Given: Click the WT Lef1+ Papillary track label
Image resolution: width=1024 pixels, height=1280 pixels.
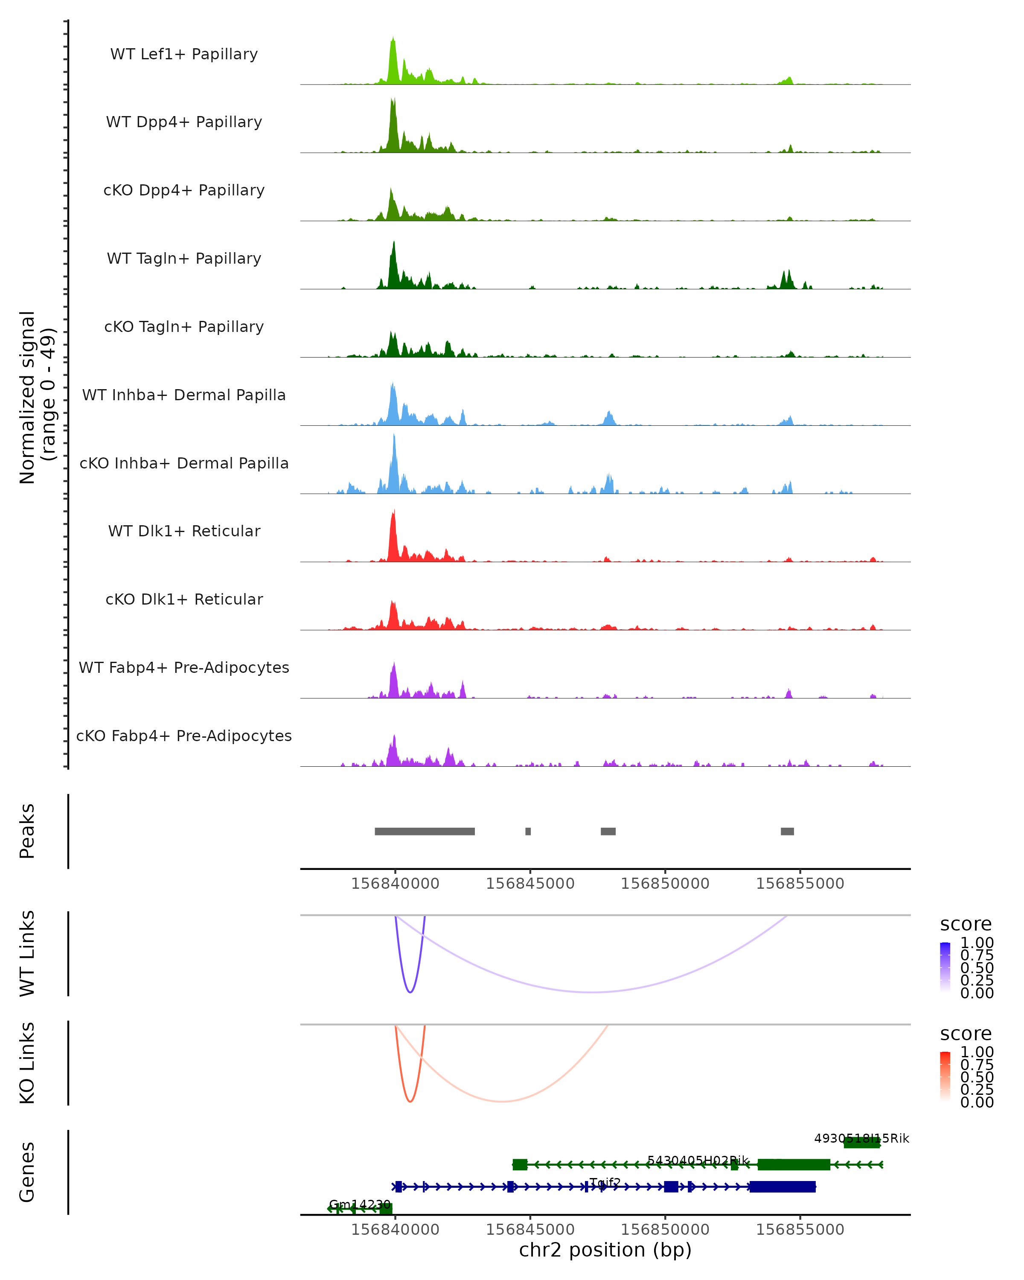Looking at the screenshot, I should pyautogui.click(x=184, y=54).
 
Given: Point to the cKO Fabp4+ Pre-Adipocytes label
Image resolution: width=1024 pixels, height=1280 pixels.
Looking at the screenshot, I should pyautogui.click(x=184, y=736).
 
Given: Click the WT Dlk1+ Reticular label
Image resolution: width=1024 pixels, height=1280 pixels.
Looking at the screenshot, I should pyautogui.click(x=184, y=531).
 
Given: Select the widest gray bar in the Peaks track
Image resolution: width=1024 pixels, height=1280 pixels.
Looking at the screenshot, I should pyautogui.click(x=425, y=831).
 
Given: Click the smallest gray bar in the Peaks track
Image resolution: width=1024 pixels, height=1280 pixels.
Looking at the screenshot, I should pyautogui.click(x=528, y=831).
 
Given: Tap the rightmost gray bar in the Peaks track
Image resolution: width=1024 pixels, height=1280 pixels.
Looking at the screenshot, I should pyautogui.click(x=787, y=831).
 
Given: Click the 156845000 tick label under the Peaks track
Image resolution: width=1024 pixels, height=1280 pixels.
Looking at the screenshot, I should pyautogui.click(x=530, y=884).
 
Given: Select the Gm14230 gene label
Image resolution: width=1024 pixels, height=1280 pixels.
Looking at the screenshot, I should pyautogui.click(x=360, y=1204).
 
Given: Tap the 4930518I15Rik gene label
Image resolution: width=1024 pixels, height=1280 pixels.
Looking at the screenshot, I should pyautogui.click(x=861, y=1138).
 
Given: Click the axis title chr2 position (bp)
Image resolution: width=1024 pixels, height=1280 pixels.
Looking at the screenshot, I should pyautogui.click(x=605, y=1250).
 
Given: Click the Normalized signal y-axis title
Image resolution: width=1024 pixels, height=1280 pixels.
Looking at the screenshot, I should pyautogui.click(x=37, y=397).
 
